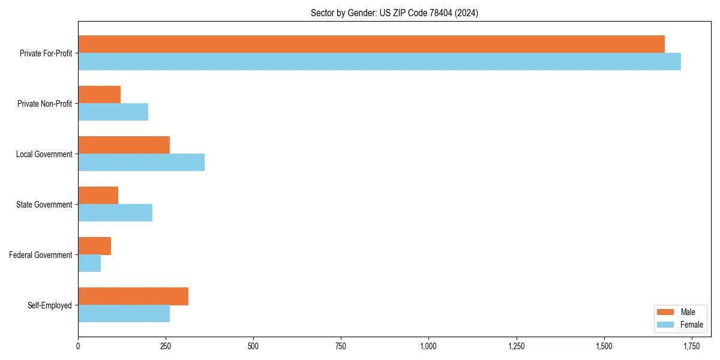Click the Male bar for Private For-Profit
point(371,44)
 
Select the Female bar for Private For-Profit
point(379,62)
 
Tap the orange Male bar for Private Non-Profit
point(100,95)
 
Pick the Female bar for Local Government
point(142,163)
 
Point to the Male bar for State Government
point(98,196)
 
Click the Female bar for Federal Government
point(89,263)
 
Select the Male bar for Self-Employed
point(133,296)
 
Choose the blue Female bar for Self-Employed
point(124,314)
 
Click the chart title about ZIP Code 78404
point(394,13)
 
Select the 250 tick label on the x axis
point(166,346)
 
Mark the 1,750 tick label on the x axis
point(691,346)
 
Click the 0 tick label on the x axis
point(78,346)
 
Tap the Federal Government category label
point(41,255)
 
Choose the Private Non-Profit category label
point(44,104)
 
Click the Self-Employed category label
point(50,305)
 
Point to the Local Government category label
point(44,154)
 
